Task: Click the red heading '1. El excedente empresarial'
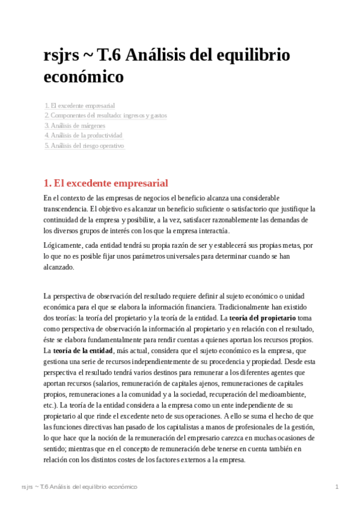(106, 183)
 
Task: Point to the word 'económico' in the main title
(84, 77)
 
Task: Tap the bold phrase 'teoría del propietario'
(262, 317)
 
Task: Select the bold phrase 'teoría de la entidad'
(81, 350)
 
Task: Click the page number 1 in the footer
(338, 486)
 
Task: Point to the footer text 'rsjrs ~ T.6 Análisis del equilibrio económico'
(79, 486)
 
